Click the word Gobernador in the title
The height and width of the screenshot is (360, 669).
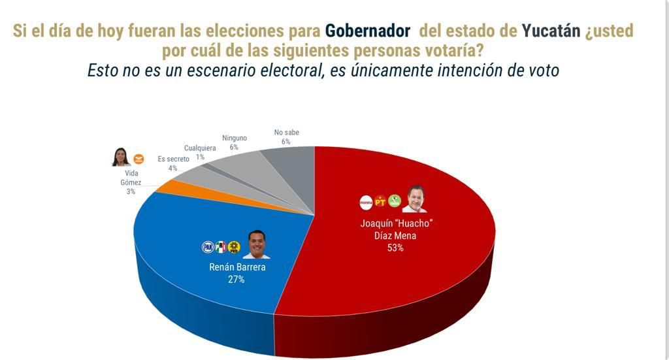click(367, 31)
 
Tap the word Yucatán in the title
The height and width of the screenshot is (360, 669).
click(551, 31)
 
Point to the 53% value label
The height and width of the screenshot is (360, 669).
click(395, 248)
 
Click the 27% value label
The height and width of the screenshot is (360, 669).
click(236, 279)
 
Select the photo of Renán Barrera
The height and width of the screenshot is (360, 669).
click(256, 244)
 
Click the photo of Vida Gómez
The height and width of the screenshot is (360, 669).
click(120, 157)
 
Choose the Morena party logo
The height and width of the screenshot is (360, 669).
click(366, 203)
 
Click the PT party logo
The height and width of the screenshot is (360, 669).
click(380, 203)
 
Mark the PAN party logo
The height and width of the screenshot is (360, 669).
click(208, 247)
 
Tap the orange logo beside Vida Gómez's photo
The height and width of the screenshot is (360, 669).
click(139, 159)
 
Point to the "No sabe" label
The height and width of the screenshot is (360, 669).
click(286, 133)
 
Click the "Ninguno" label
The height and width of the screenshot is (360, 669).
click(235, 139)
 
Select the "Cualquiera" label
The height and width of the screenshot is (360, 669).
click(200, 148)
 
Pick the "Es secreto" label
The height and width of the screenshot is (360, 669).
click(174, 159)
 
